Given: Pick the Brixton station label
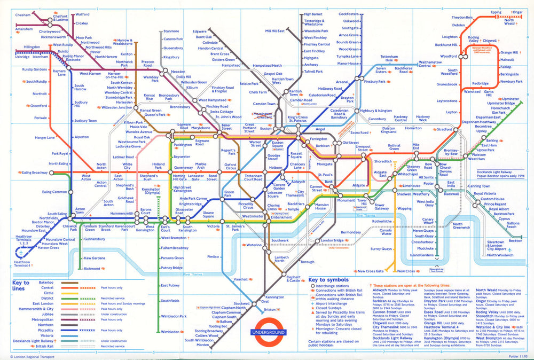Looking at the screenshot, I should click(270, 310).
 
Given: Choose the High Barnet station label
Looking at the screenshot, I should click(314, 14).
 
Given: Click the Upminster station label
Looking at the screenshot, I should click(511, 99).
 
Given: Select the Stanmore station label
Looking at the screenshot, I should click(171, 31).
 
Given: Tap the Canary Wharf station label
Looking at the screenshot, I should click(428, 222).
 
